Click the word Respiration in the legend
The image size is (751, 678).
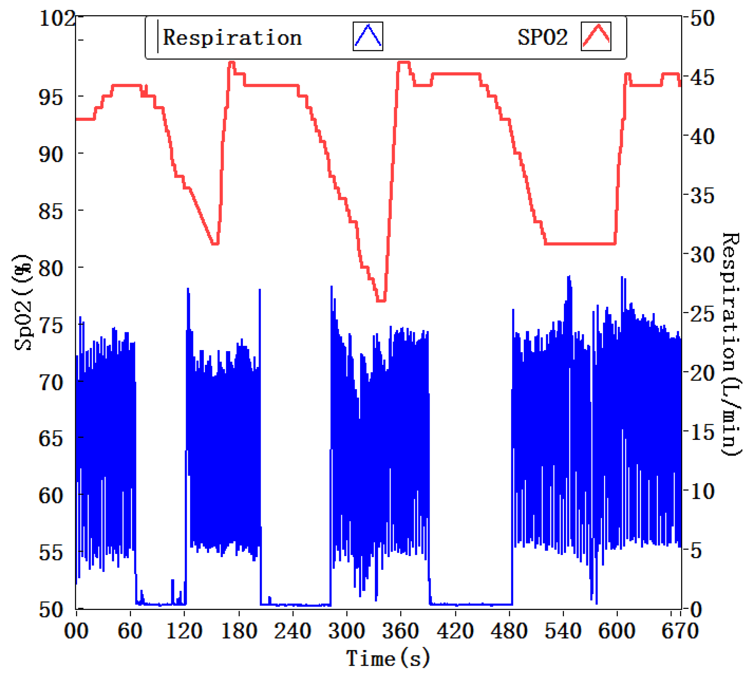pyautogui.click(x=232, y=38)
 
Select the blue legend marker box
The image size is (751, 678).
pyautogui.click(x=368, y=37)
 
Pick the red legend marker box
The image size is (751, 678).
pyautogui.click(x=596, y=36)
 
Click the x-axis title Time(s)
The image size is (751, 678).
pyautogui.click(x=388, y=658)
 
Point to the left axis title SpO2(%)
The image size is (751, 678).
pyautogui.click(x=23, y=302)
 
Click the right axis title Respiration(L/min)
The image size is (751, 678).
pyautogui.click(x=731, y=344)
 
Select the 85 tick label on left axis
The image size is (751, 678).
pyautogui.click(x=51, y=211)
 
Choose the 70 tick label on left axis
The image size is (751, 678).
pyautogui.click(x=51, y=382)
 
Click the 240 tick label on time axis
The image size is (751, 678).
pyautogui.click(x=293, y=631)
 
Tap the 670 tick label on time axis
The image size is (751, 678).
pyautogui.click(x=679, y=631)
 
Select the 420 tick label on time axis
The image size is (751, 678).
pyautogui.click(x=455, y=631)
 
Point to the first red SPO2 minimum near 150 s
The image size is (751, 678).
pyautogui.click(x=215, y=244)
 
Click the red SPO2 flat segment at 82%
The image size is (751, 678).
pyautogui.click(x=580, y=244)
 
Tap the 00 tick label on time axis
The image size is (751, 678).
pyautogui.click(x=76, y=631)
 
